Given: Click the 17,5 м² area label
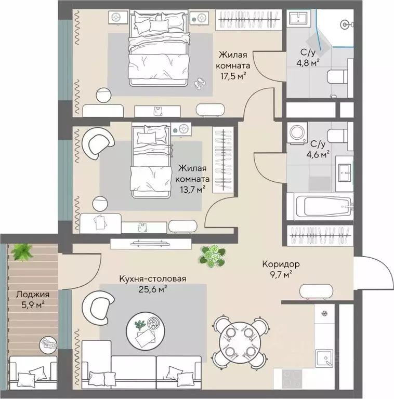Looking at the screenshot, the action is coord(233,76).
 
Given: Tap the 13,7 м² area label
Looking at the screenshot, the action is coord(192,189).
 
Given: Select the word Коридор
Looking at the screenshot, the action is coord(281,264).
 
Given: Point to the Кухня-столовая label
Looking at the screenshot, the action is coord(153,278).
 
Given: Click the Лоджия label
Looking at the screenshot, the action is coord(33,295).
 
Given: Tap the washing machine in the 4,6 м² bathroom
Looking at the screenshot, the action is coord(297,133).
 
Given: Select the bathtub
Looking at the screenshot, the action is coord(323,207).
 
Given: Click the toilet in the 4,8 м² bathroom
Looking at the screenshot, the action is coord(337,76).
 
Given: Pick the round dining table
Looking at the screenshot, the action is coord(240,342).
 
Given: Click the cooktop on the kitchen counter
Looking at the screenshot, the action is coord(292,378).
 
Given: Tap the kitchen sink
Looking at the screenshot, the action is coord(324,358).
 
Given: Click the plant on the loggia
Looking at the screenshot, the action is coord(23,252).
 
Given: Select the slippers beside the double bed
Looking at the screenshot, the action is coord(200,83).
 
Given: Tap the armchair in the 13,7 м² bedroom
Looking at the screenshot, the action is coord(98,143).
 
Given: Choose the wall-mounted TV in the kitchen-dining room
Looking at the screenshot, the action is coord(150,244).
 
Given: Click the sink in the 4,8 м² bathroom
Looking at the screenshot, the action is coord(298,18).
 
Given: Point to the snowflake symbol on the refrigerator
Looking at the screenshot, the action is coord(324,313).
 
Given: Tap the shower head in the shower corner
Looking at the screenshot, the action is coord(345,24).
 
